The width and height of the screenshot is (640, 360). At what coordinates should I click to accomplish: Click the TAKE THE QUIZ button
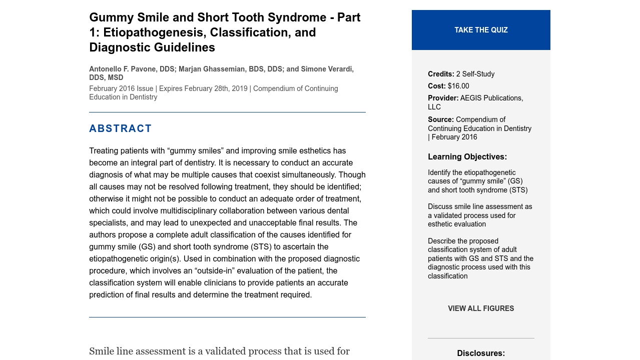pyautogui.click(x=481, y=30)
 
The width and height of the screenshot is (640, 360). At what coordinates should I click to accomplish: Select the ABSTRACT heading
pyautogui.click(x=120, y=128)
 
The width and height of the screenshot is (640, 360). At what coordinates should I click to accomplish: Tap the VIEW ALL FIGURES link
pyautogui.click(x=481, y=308)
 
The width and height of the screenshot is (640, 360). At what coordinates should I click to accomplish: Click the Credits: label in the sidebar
pyautogui.click(x=441, y=74)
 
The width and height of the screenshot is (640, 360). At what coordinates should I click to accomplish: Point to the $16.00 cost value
pyautogui.click(x=458, y=86)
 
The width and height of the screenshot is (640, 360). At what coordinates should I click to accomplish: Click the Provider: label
pyautogui.click(x=443, y=98)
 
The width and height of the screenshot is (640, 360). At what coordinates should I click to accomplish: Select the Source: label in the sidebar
pyautogui.click(x=441, y=119)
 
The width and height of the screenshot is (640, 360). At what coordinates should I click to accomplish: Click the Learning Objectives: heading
pyautogui.click(x=467, y=157)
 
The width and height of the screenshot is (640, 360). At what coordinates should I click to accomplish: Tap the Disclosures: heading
pyautogui.click(x=481, y=353)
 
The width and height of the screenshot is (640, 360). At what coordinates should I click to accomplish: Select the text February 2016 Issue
pyautogui.click(x=121, y=88)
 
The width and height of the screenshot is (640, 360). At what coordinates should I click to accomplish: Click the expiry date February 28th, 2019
pyautogui.click(x=216, y=88)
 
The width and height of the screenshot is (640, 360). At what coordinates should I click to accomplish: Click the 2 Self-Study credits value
pyautogui.click(x=475, y=74)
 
